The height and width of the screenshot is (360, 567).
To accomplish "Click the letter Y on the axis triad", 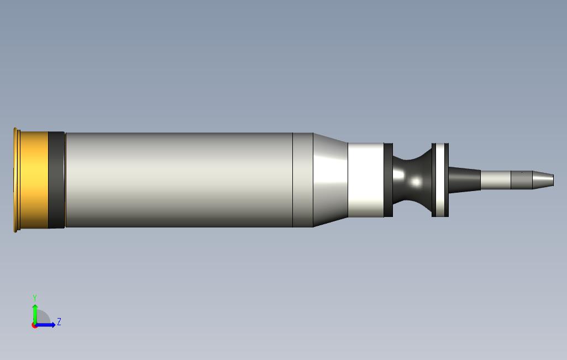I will tap(35, 298).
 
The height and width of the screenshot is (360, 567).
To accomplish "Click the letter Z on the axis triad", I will tap(59, 321).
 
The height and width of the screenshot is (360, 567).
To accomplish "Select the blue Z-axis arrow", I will tap(48, 325).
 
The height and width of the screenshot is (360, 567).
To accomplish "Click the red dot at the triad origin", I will tap(34, 325).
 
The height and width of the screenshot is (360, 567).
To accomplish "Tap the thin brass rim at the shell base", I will tap(15, 179).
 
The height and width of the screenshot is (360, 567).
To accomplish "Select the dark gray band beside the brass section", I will tap(56, 179).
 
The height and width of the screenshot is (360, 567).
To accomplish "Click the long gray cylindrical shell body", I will tap(177, 179).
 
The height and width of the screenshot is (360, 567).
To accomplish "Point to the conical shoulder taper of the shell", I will tap(330, 179).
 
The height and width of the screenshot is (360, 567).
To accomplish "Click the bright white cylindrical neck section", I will tap(365, 179).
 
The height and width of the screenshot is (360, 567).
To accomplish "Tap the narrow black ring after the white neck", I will tap(388, 179).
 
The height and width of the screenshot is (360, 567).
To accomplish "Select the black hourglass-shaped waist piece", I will tap(412, 179).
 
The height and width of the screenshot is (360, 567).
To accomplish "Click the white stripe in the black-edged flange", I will tap(440, 179).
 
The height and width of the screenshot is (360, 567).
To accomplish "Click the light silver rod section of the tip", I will tap(495, 179).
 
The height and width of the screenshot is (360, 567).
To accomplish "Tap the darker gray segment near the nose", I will tap(521, 179).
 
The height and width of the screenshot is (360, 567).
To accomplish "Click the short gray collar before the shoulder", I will tap(303, 179).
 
